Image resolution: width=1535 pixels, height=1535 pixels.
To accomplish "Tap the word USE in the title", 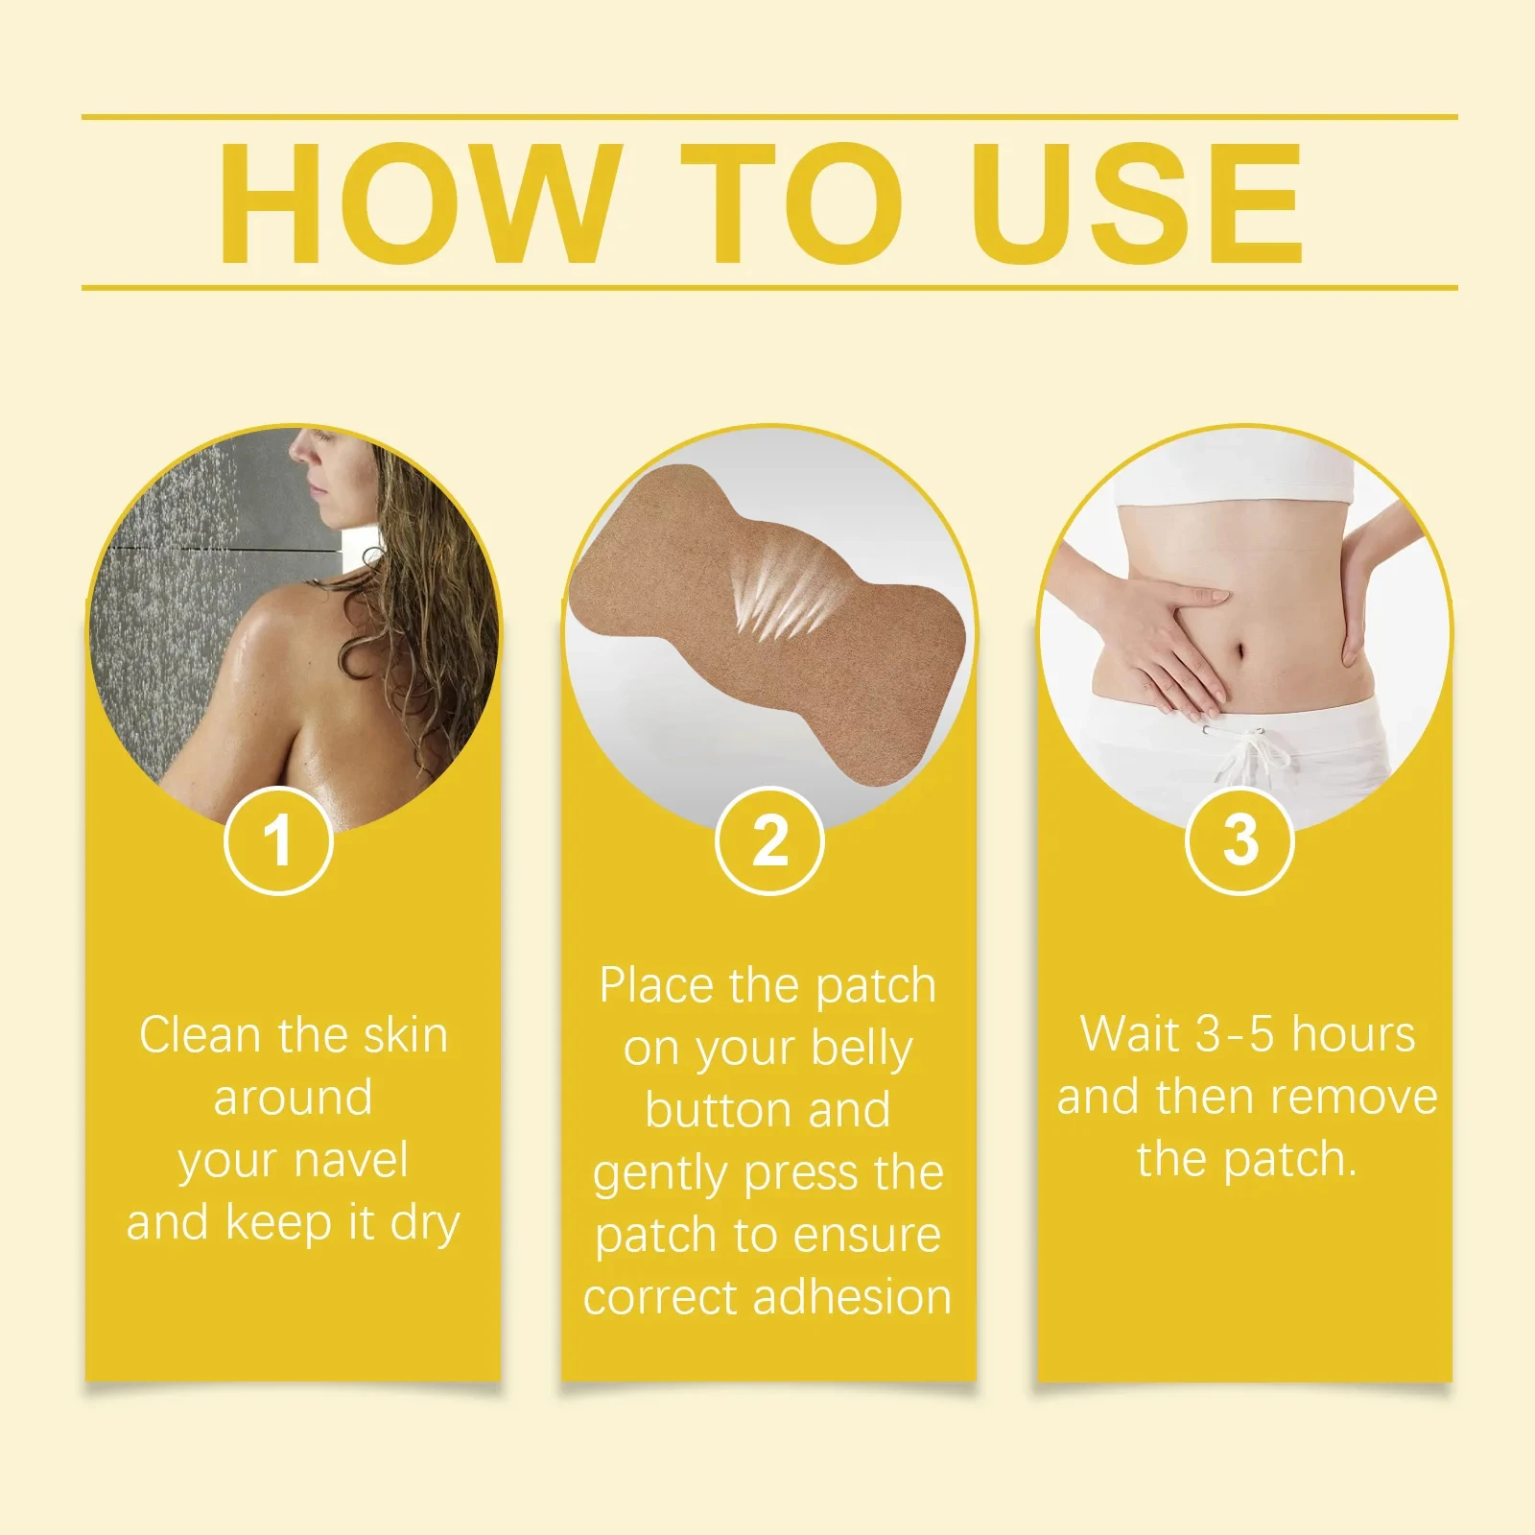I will (x=1138, y=203).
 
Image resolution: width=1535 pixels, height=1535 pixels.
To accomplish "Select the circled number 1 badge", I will (x=278, y=841).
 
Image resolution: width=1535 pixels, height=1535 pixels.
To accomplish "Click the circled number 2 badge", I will (x=769, y=841).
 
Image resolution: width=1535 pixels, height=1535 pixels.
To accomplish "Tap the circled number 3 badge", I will (x=1240, y=841).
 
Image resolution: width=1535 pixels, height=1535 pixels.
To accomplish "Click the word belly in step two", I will (x=860, y=1049).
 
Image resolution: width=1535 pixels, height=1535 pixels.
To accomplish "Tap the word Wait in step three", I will (x=1129, y=1035).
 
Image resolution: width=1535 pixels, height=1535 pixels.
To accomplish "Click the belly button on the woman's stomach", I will (x=1241, y=653).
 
